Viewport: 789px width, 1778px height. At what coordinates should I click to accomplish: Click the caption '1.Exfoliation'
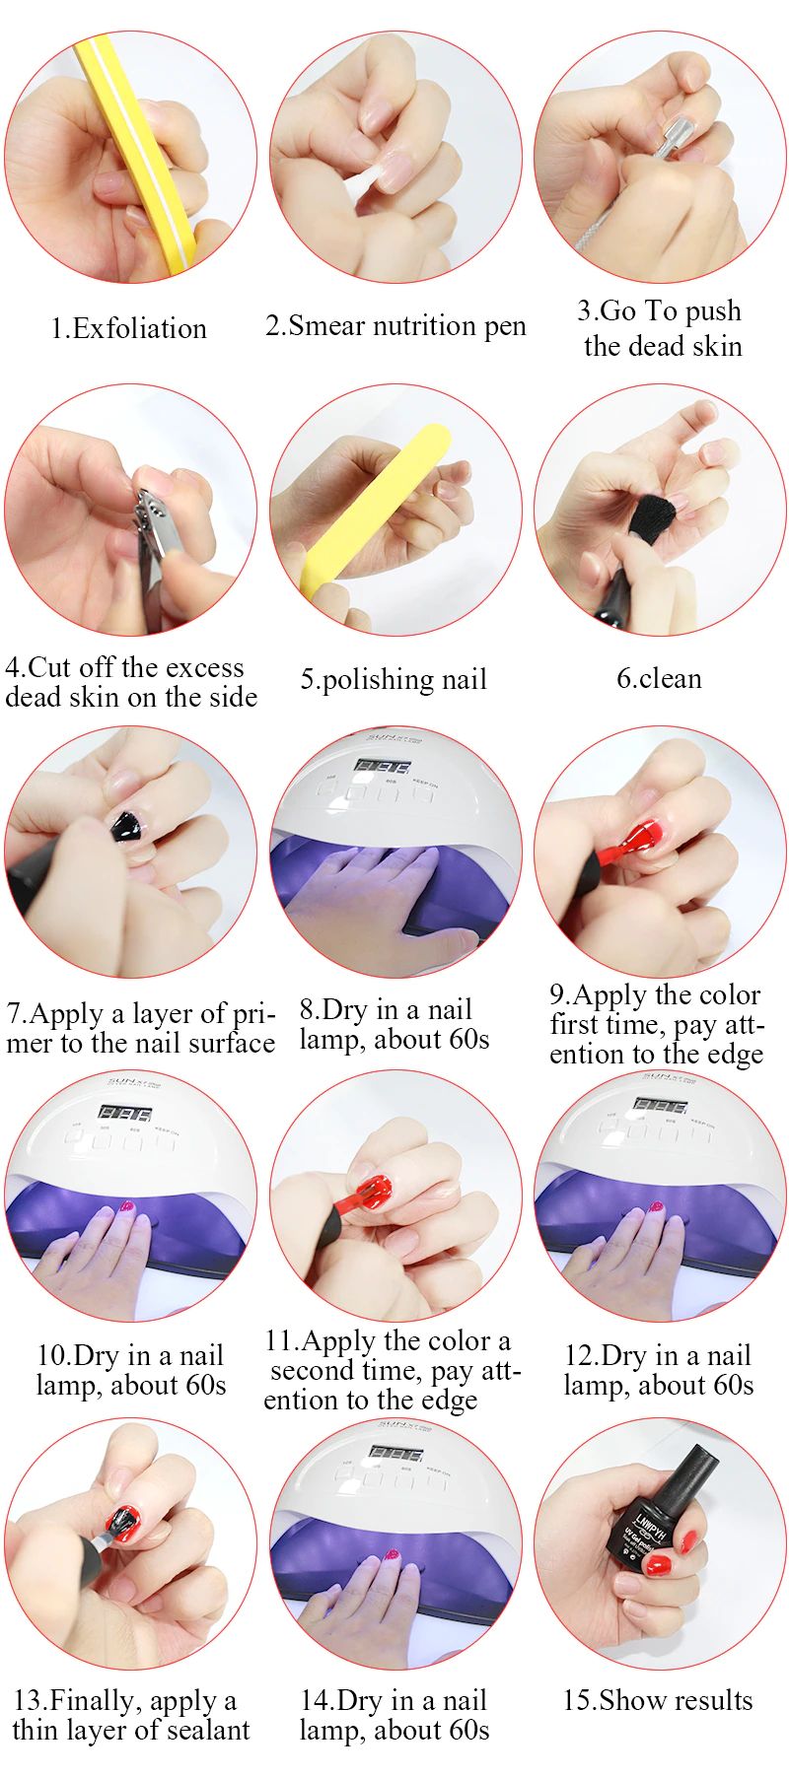(129, 328)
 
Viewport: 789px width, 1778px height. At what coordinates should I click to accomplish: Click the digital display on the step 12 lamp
(658, 1105)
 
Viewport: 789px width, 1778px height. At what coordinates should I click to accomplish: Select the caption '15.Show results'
(658, 1700)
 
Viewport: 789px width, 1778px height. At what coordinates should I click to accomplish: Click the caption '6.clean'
(659, 678)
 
